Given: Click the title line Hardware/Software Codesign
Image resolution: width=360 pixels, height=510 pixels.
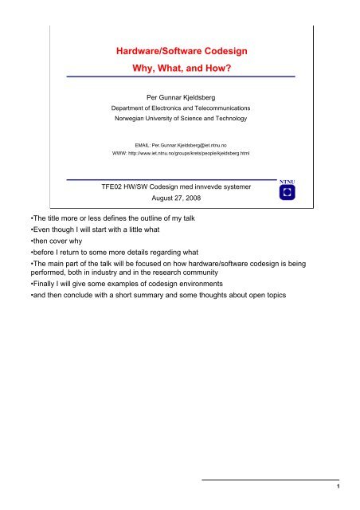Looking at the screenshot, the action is pyautogui.click(x=182, y=50).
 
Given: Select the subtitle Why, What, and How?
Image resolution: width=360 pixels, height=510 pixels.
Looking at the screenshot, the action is pyautogui.click(x=182, y=69).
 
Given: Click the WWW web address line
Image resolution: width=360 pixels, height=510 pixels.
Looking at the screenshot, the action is pyautogui.click(x=182, y=155).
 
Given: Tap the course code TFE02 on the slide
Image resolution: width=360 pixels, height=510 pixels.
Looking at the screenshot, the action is pyautogui.click(x=103, y=186).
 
